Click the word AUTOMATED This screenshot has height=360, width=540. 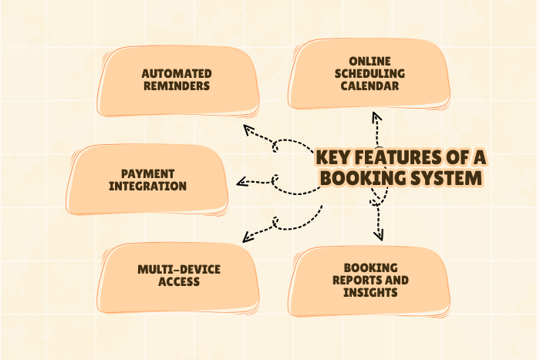pyautogui.click(x=177, y=74)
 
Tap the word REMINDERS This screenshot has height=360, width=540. pyautogui.click(x=177, y=86)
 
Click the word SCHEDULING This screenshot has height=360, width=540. pyautogui.click(x=370, y=74)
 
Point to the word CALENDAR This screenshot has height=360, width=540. pyautogui.click(x=370, y=86)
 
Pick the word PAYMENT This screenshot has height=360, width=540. pyautogui.click(x=148, y=173)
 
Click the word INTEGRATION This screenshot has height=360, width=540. pyautogui.click(x=148, y=186)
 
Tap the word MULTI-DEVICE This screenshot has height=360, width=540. pyautogui.click(x=179, y=269)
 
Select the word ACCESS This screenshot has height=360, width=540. pyautogui.click(x=179, y=281)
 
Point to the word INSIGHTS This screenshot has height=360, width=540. pyautogui.click(x=370, y=292)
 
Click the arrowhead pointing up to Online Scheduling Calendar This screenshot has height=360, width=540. pyautogui.click(x=376, y=117)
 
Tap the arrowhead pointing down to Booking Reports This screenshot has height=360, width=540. pyautogui.click(x=378, y=234)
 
